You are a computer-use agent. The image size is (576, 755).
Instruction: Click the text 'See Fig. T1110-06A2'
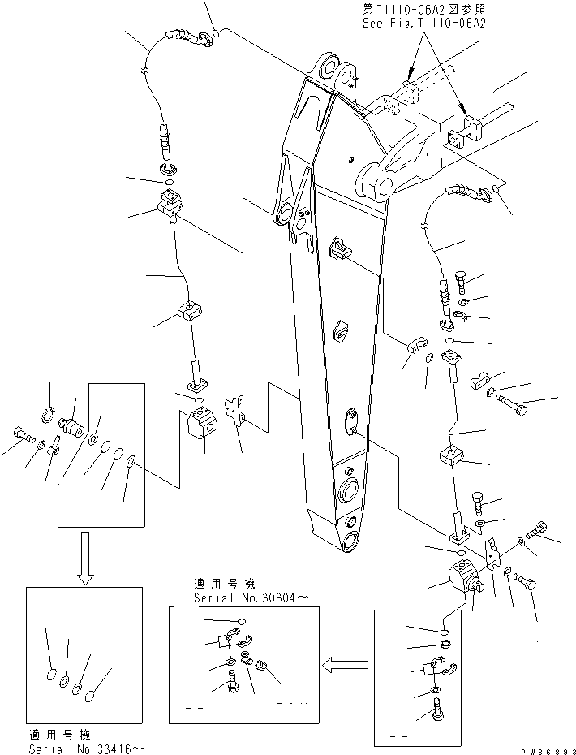(x=423, y=24)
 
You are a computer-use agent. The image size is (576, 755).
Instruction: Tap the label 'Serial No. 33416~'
(x=78, y=748)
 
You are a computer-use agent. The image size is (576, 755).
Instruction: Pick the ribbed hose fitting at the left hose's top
(x=181, y=36)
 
